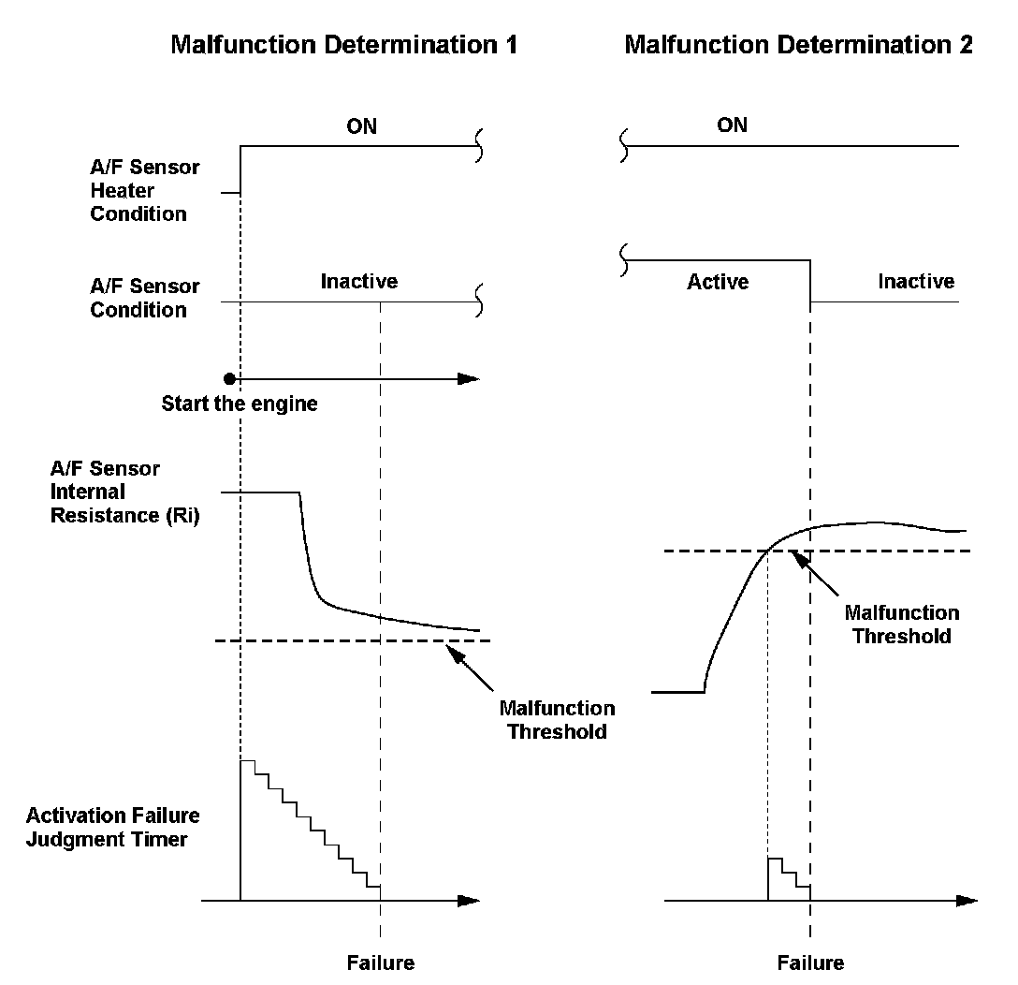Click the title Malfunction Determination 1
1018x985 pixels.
pos(343,44)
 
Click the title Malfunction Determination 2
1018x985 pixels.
pos(798,44)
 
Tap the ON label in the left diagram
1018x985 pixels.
pos(361,125)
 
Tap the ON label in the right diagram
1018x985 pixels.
pos(732,125)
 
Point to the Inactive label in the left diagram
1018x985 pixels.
pos(359,281)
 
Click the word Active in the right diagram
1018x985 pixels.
pos(718,281)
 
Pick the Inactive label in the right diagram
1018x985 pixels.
pos(916,281)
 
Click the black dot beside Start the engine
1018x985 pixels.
pos(229,378)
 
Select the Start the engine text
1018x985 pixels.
pos(240,404)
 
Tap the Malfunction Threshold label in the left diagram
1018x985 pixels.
pos(558,719)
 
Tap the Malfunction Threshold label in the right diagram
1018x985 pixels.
pos(902,624)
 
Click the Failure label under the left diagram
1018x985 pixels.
pos(380,963)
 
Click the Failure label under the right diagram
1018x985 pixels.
pos(810,963)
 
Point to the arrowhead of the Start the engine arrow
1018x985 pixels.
pos(469,378)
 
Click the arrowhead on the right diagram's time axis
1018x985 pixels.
pos(967,901)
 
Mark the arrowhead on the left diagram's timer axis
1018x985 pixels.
pos(469,901)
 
